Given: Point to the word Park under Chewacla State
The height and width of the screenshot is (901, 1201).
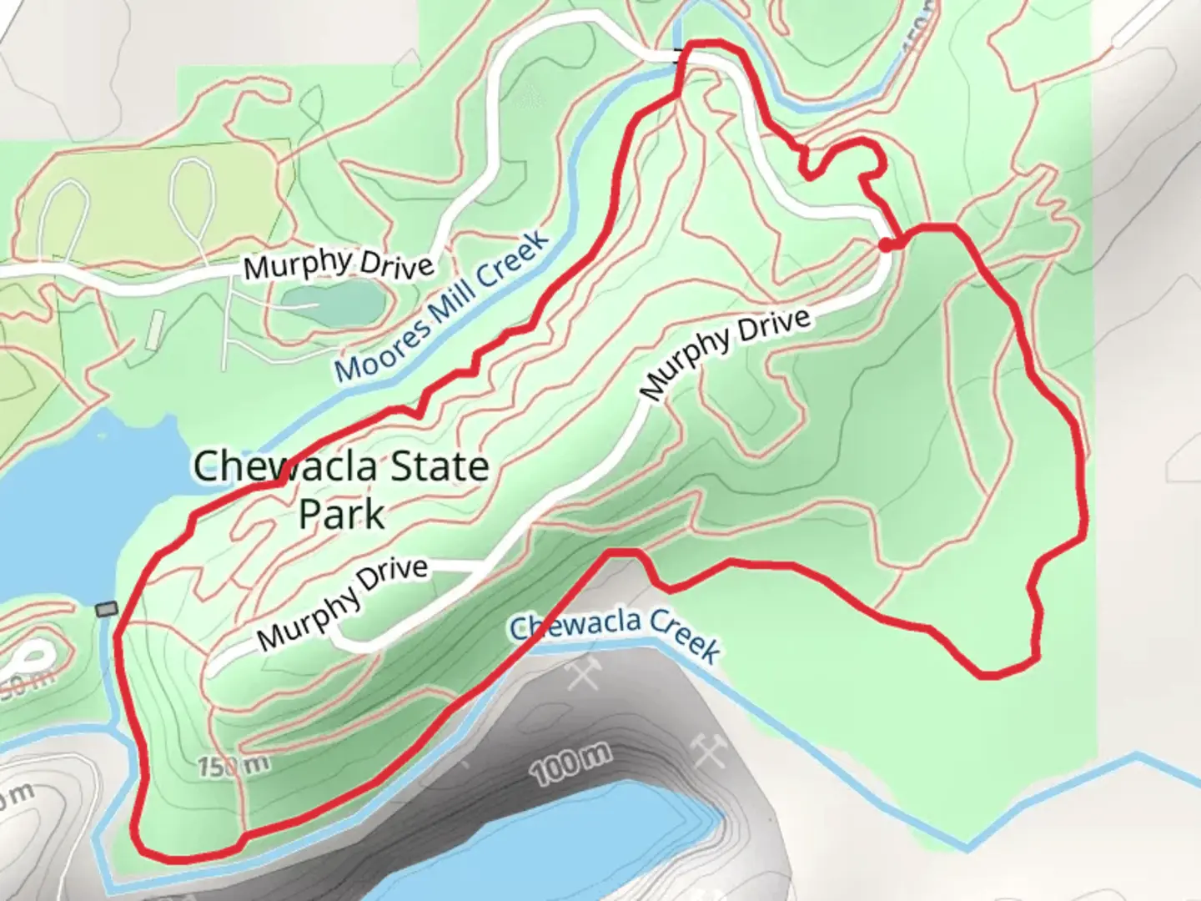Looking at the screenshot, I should point(342,514).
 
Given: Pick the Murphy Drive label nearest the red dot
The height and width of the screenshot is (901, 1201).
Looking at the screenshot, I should point(726,354).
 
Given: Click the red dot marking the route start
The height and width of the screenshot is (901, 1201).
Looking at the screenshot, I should point(885,244).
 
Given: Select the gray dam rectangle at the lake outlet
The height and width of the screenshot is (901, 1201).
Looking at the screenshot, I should point(106,610).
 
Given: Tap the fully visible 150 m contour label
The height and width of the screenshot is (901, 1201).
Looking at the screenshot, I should point(234,764).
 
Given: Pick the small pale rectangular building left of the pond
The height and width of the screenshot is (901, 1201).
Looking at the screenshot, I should point(155,330).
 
